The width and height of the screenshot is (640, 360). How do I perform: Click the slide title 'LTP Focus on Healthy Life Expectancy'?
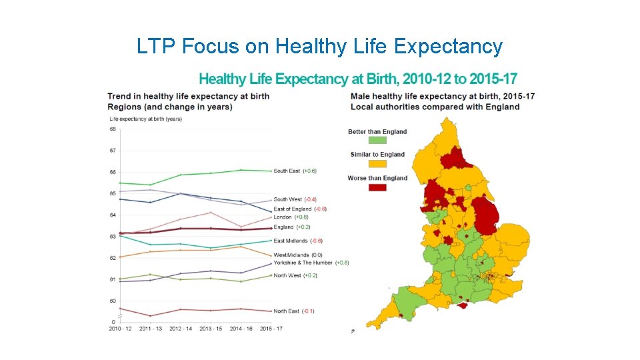pyautogui.click(x=319, y=46)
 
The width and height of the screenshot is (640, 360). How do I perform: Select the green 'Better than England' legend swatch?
pyautogui.click(x=377, y=141)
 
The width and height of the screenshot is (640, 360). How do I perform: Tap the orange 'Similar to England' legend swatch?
pyautogui.click(x=377, y=164)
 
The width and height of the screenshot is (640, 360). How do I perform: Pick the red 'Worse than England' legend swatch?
pyautogui.click(x=377, y=187)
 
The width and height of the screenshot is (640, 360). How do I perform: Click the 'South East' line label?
pyautogui.click(x=287, y=171)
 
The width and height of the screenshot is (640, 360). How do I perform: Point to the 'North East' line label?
pyautogui.click(x=286, y=311)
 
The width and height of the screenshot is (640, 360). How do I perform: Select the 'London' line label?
pyautogui.click(x=283, y=217)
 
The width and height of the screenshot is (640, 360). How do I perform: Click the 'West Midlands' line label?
pyautogui.click(x=292, y=255)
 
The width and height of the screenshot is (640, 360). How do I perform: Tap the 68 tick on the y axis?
pyautogui.click(x=113, y=129)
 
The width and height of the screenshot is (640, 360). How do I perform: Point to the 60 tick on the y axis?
pyautogui.click(x=113, y=301)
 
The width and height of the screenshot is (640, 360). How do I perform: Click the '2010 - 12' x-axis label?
pyautogui.click(x=121, y=329)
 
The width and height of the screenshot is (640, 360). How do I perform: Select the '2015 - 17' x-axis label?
pyautogui.click(x=270, y=329)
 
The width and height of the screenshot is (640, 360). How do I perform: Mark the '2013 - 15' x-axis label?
pyautogui.click(x=211, y=329)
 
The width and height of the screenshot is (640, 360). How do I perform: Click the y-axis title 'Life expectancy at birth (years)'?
pyautogui.click(x=145, y=119)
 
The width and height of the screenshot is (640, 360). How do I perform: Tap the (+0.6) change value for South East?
pyautogui.click(x=309, y=171)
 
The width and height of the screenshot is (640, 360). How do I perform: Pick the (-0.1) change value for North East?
pyautogui.click(x=308, y=311)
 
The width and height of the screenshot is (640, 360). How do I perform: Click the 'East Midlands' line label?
pyautogui.click(x=291, y=241)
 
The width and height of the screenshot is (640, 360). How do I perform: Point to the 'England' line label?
pyautogui.click(x=283, y=227)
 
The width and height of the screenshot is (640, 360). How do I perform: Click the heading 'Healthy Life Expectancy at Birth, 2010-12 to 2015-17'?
pyautogui.click(x=358, y=79)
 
